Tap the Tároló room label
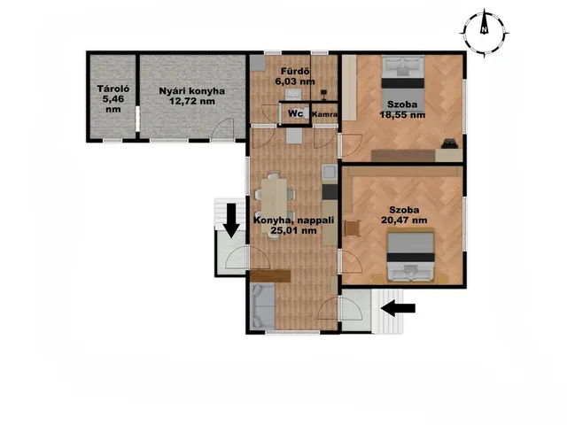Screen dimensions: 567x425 [113, 89]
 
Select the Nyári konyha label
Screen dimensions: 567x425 [192, 90]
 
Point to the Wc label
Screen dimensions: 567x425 [295, 113]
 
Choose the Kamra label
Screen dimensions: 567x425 [325, 114]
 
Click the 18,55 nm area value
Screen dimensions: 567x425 [402, 115]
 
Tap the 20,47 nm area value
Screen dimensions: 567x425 [404, 220]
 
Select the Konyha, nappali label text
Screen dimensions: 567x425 [293, 220]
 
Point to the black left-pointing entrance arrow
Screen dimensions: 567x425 [398, 308]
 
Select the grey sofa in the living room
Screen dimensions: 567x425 [263, 306]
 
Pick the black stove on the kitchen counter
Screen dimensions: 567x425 [330, 192]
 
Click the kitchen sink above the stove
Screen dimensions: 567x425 [330, 172]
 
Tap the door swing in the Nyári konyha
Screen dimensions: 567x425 [222, 128]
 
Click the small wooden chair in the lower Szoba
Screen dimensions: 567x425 [353, 228]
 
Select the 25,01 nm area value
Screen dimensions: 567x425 [293, 230]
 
